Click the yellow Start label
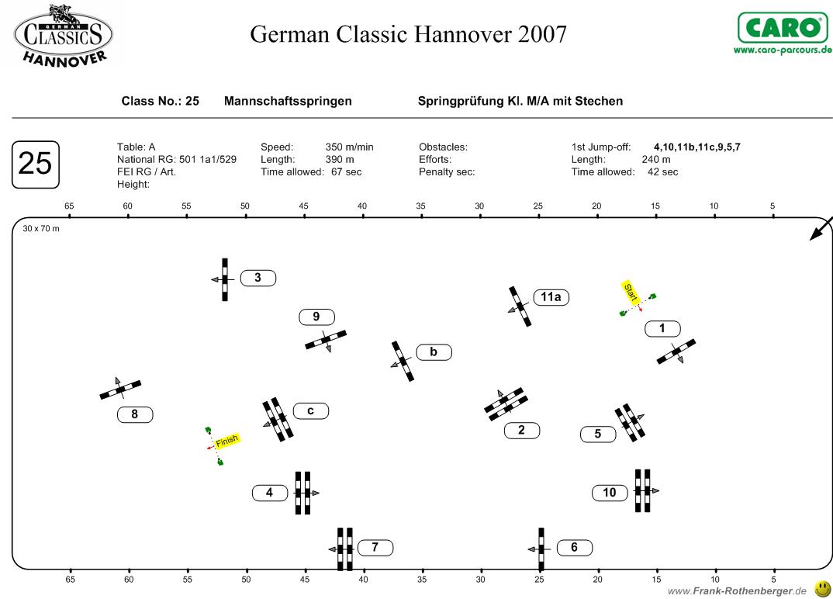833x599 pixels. click(631, 293)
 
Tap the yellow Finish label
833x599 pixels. click(226, 440)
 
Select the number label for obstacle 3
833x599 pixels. click(258, 278)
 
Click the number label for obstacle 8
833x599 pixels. click(135, 414)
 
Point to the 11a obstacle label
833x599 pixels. click(551, 296)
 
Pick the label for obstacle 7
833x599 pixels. click(375, 548)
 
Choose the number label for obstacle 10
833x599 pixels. click(610, 492)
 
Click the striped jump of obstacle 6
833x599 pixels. click(541, 549)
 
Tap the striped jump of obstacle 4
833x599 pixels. click(302, 493)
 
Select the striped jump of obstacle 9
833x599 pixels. click(326, 340)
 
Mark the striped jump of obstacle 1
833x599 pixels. click(676, 351)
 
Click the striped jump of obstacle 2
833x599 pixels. click(506, 404)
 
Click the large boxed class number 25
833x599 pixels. click(35, 164)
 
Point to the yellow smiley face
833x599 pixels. click(822, 589)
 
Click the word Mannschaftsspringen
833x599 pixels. click(288, 101)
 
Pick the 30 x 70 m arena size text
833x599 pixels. click(41, 229)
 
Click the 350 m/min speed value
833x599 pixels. click(350, 147)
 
